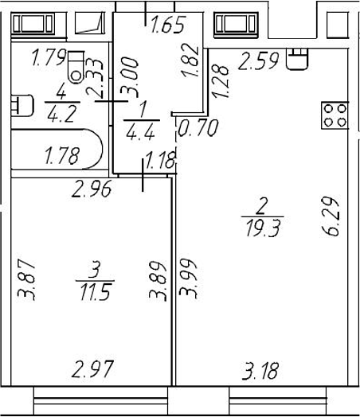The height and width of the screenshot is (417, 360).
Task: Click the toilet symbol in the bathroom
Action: pyautogui.click(x=76, y=67)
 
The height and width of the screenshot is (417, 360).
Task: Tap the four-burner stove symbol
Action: pyautogui.click(x=335, y=115)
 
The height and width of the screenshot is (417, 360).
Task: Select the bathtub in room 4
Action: pyautogui.click(x=57, y=149)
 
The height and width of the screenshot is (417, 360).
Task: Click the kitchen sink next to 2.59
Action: pyautogui.click(x=297, y=59)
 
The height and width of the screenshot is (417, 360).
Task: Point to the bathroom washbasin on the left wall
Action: pyautogui.click(x=22, y=106)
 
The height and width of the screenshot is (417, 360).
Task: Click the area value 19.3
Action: pyautogui.click(x=263, y=228)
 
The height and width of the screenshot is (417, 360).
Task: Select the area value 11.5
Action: pyautogui.click(x=96, y=292)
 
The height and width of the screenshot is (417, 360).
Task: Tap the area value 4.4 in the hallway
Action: pyautogui.click(x=140, y=132)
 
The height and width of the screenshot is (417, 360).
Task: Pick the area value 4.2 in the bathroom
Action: pyautogui.click(x=61, y=114)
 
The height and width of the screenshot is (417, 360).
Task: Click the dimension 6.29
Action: pyautogui.click(x=331, y=216)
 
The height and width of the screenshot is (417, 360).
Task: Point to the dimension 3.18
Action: pyautogui.click(x=260, y=371)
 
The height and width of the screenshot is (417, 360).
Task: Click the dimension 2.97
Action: pyautogui.click(x=92, y=369)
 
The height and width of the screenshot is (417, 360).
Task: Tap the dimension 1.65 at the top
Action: pyautogui.click(x=167, y=25)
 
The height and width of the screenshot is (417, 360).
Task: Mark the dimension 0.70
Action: pyautogui.click(x=198, y=128)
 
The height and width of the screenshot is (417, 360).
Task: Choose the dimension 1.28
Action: pyautogui.click(x=221, y=82)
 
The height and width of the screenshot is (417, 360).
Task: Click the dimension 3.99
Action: pyautogui.click(x=188, y=279)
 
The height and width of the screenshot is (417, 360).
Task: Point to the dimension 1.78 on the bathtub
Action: pyautogui.click(x=62, y=156)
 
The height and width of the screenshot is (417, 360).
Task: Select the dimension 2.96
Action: pyautogui.click(x=92, y=189)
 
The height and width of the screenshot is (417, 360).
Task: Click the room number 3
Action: pyautogui.click(x=95, y=270)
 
